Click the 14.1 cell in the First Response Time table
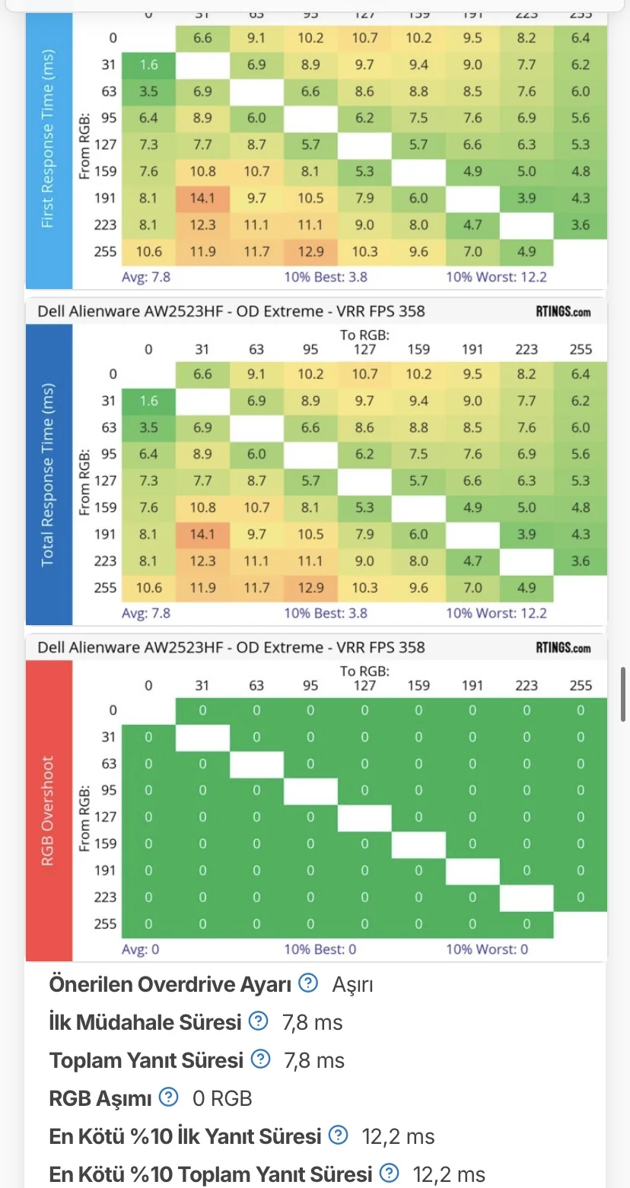(202, 198)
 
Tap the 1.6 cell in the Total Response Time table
(148, 401)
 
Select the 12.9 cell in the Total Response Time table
(310, 587)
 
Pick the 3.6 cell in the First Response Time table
(581, 224)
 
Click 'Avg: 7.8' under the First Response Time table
(146, 277)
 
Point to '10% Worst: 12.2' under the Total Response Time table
(496, 613)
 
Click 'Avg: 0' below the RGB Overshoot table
(141, 949)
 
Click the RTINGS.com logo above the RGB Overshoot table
(562, 648)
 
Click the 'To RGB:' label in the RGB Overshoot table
(364, 671)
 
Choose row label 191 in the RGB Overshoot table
(106, 870)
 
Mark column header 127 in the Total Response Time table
(364, 349)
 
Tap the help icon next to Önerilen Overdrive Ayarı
(307, 983)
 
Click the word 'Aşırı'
(352, 985)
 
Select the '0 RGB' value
(222, 1098)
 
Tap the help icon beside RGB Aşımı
(168, 1097)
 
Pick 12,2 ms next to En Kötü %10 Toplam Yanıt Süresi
(449, 1174)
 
